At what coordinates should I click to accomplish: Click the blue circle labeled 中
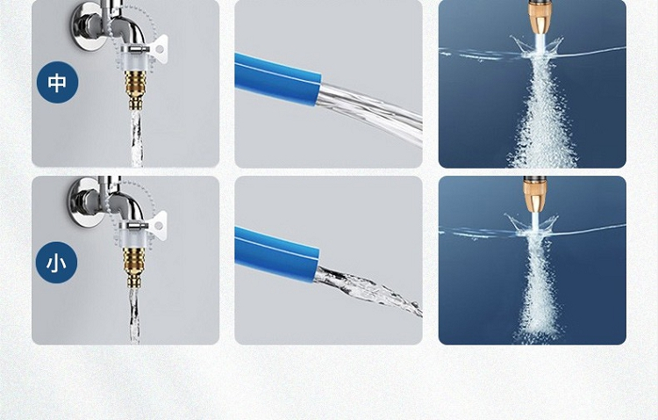click(x=58, y=83)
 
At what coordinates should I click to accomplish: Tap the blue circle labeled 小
click(x=57, y=263)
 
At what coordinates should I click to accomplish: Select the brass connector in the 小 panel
click(x=135, y=267)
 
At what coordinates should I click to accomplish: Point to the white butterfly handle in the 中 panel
click(x=159, y=49)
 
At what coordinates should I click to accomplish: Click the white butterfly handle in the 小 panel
click(x=158, y=226)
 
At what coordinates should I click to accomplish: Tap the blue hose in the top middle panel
click(x=277, y=78)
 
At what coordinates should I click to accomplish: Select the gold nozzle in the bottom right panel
click(x=534, y=194)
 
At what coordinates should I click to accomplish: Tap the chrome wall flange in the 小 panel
click(x=86, y=203)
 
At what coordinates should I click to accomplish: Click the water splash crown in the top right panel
click(x=538, y=47)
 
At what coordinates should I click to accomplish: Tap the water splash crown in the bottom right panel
click(x=533, y=225)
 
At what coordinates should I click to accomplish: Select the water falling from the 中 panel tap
click(x=137, y=138)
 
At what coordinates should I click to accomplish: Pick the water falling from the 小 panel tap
click(x=135, y=315)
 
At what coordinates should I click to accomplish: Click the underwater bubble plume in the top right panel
click(x=542, y=113)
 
